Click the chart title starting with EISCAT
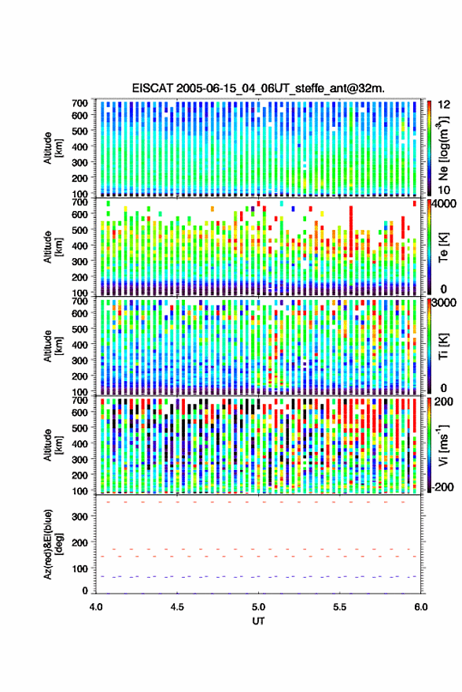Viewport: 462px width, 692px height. tap(258, 88)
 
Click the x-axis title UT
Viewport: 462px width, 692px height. tap(258, 621)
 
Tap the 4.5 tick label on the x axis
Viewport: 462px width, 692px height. tap(177, 607)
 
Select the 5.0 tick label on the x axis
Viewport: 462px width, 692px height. tap(258, 607)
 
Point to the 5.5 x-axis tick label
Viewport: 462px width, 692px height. tap(339, 607)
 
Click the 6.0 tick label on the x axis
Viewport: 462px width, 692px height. tap(420, 607)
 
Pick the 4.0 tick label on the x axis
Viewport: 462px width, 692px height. tap(96, 607)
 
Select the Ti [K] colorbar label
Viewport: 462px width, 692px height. tap(443, 346)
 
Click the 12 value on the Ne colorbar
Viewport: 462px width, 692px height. tap(444, 105)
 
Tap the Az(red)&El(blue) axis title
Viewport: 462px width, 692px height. tap(53, 544)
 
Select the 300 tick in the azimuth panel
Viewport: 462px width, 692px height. tap(79, 516)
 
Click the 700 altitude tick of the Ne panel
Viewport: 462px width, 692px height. tap(79, 103)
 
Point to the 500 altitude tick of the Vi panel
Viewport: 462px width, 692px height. tap(79, 427)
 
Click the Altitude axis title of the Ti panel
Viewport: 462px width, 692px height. tap(53, 346)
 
